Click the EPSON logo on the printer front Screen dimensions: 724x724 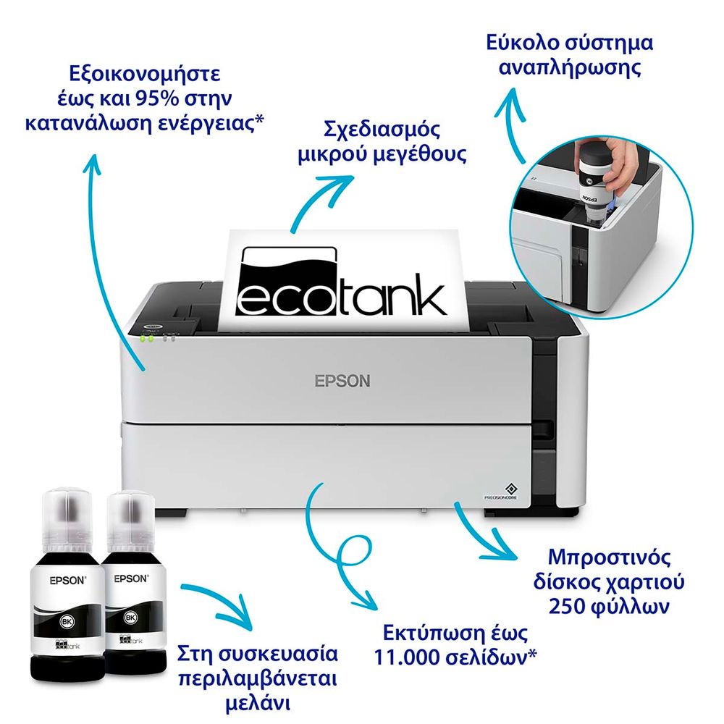342,381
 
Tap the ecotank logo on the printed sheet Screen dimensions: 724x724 341,282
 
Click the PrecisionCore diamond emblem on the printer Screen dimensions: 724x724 510,489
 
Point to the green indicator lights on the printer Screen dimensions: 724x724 146,338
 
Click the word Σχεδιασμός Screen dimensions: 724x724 382,130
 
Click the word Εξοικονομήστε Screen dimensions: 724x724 145,74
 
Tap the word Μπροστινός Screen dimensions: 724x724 609,557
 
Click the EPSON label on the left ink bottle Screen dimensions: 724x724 68,581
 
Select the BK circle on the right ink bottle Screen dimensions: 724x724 130,617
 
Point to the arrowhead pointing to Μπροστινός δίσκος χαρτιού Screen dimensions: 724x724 502,545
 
